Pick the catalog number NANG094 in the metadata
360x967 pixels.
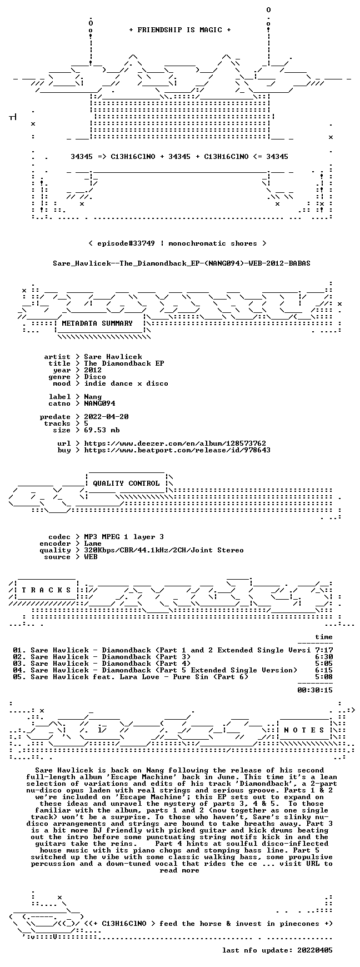[99, 403]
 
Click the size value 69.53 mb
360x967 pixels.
[102, 430]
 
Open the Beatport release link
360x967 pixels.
[177, 450]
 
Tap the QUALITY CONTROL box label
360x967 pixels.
[126, 483]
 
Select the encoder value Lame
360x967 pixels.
[93, 544]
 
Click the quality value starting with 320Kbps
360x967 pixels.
[164, 550]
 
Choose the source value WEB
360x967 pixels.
[91, 557]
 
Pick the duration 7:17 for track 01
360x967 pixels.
[324, 650]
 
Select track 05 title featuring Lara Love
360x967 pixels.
[139, 677]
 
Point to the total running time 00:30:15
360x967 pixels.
[315, 690]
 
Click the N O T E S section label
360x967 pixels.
[304, 730]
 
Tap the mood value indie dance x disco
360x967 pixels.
[126, 383]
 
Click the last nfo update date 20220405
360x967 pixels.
[315, 950]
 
